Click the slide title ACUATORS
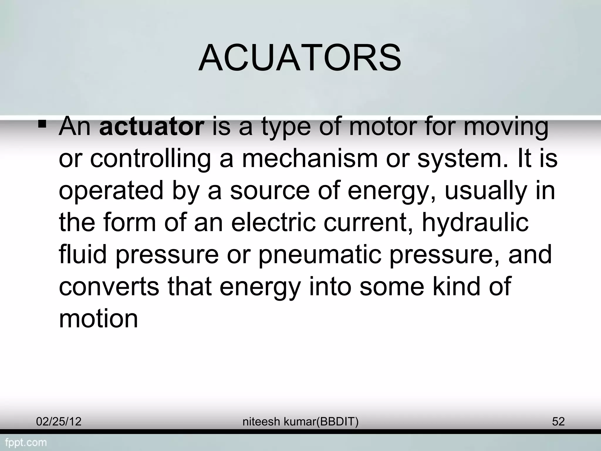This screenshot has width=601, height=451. point(300,58)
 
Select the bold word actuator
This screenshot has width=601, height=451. point(152,127)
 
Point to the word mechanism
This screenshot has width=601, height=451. point(310,159)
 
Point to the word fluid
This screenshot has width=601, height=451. point(83,254)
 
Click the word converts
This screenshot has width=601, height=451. point(109,287)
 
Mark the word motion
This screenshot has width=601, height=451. point(98,318)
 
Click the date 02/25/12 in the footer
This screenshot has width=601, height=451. point(59,422)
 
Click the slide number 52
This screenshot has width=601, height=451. point(558,422)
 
